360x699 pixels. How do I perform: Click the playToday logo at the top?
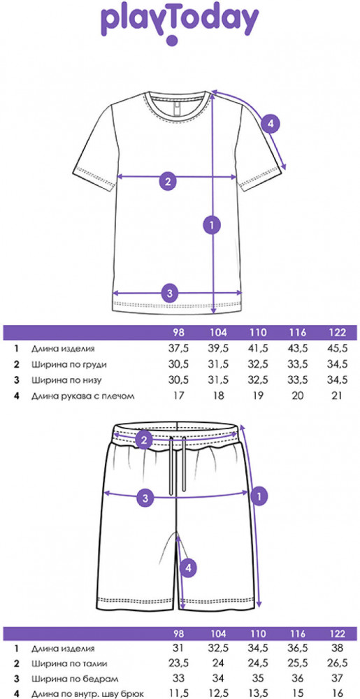pos(180,23)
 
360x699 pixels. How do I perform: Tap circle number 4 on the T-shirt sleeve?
pos(270,124)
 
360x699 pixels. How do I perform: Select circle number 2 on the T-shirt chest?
pos(168,181)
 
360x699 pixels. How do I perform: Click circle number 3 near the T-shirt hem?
pos(169,293)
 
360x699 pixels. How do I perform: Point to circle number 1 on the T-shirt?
pos(212,225)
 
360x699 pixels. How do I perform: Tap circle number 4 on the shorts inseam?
pos(189,568)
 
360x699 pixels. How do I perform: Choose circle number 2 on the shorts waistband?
pos(144,441)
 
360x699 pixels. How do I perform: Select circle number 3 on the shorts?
pos(145,498)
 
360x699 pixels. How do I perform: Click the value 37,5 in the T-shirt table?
pos(179,349)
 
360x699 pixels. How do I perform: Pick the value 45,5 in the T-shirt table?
pos(337,349)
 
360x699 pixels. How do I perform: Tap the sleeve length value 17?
pos(179,396)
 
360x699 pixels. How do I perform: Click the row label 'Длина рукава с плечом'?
pos(82,396)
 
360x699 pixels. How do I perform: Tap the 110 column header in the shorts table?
pos(258,634)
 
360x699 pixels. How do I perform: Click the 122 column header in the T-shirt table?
pos(337,333)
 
